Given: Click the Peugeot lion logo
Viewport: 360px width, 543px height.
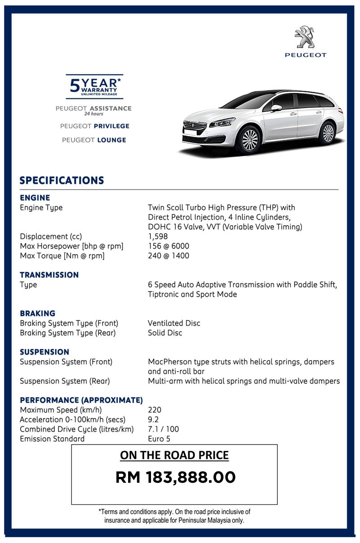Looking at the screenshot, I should coord(306,37).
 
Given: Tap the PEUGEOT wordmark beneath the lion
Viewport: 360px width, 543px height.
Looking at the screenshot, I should coord(306,55).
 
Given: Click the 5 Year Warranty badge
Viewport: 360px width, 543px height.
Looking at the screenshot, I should coord(94,86).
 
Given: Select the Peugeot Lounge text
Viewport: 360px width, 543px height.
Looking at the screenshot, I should coord(94,140).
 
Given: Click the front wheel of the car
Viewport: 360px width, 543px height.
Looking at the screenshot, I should coord(249,138).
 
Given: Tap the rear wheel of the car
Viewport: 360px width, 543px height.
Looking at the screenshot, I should coord(329,133).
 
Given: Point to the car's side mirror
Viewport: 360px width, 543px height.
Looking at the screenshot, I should coord(276,108).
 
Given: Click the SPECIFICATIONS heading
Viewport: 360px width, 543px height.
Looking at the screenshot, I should coord(62,181).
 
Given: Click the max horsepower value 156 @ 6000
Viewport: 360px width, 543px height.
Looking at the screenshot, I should coord(169,246).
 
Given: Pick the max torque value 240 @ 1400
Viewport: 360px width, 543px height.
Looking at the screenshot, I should coord(169,256).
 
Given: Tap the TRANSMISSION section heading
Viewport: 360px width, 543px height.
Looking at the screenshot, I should coord(49,275).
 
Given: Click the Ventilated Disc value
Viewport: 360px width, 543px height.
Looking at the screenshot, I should coord(174,323).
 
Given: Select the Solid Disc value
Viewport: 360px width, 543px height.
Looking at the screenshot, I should coord(165,333).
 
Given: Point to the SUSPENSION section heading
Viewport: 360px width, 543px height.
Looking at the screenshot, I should coord(45,352).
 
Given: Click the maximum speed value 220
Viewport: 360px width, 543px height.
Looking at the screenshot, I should coord(154,410).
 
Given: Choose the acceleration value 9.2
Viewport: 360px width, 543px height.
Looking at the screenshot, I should coord(153,419).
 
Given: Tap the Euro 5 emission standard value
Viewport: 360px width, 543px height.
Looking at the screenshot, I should coord(159,439).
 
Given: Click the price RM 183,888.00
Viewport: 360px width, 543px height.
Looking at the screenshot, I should coord(175,477).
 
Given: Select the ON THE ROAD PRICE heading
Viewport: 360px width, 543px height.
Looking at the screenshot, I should coord(174,455).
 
